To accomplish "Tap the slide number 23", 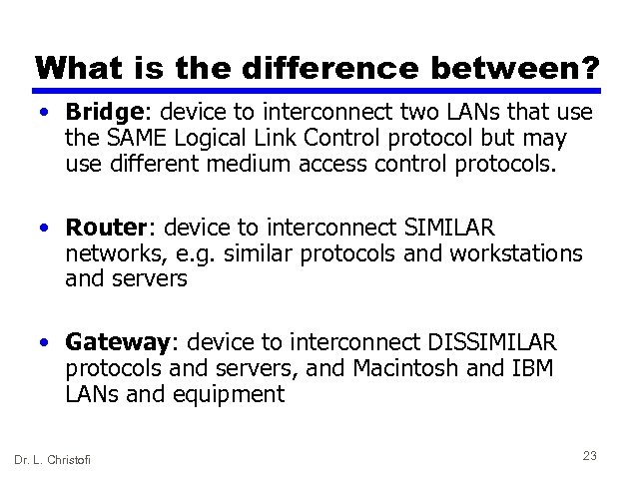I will click(589, 455).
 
